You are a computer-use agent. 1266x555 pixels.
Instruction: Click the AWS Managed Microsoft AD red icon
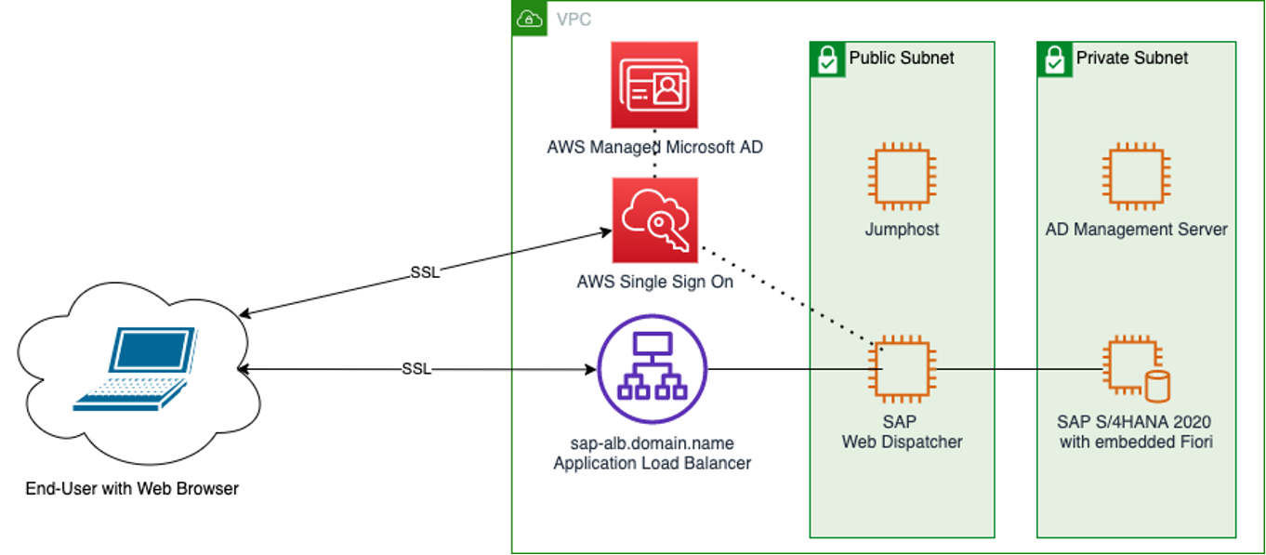pyautogui.click(x=654, y=85)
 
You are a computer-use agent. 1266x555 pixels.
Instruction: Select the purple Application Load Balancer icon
pyautogui.click(x=653, y=369)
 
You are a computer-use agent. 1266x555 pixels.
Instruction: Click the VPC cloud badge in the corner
pyautogui.click(x=530, y=20)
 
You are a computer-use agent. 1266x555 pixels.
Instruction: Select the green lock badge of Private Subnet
pyautogui.click(x=1054, y=59)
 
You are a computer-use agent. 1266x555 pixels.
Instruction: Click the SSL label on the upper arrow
pyautogui.click(x=425, y=272)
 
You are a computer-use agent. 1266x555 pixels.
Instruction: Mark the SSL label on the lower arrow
pyautogui.click(x=416, y=369)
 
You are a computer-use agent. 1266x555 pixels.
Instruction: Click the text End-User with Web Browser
pyautogui.click(x=132, y=488)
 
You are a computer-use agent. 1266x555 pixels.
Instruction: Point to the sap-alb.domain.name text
pyautogui.click(x=652, y=443)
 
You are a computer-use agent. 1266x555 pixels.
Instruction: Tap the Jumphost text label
pyautogui.click(x=902, y=230)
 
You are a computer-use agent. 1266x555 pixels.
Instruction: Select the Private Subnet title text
pyautogui.click(x=1131, y=58)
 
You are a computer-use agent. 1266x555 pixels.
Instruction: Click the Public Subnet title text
pyautogui.click(x=901, y=58)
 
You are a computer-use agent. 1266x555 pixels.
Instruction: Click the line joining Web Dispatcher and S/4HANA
pyautogui.click(x=1018, y=369)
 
